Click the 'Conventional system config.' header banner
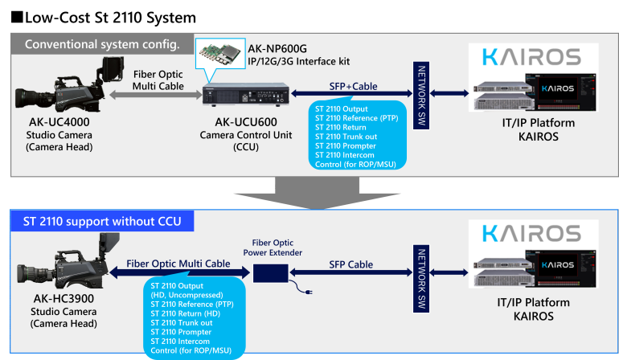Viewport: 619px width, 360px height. coord(102,43)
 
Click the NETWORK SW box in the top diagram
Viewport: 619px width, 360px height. coord(419,92)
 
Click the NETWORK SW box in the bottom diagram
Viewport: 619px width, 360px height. coord(419,272)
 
